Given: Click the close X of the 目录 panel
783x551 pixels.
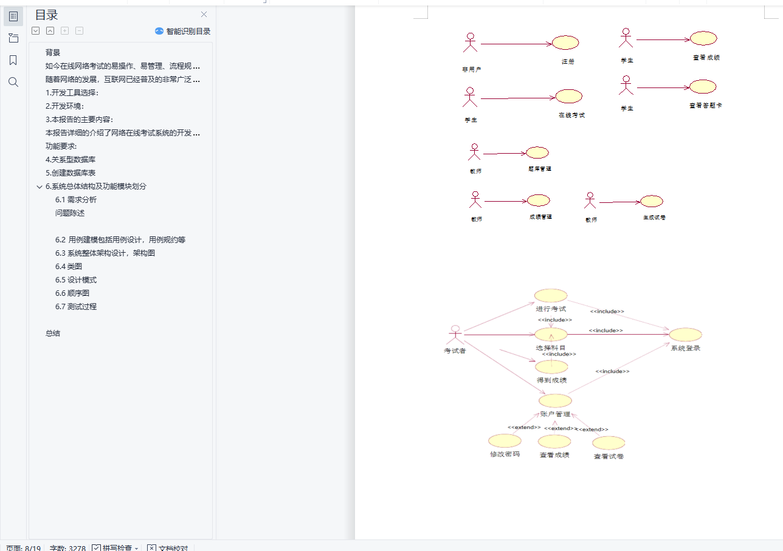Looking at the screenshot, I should tap(204, 15).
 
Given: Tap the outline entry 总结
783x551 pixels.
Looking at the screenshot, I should tap(53, 333).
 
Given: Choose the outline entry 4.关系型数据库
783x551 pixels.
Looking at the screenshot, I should tap(71, 159).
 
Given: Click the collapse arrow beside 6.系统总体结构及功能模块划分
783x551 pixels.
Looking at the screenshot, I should tap(40, 187).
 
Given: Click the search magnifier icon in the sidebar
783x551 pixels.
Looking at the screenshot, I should tap(13, 82).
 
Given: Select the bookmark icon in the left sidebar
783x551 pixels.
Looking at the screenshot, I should tap(13, 60).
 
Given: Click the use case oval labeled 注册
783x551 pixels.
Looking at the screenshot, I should tap(565, 43).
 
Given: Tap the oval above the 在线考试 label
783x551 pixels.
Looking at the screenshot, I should tap(569, 97).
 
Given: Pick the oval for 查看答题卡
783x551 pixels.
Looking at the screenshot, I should tap(703, 87).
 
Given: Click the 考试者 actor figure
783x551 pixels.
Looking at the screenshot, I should tap(455, 335).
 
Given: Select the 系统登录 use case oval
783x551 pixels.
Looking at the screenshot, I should tap(686, 335).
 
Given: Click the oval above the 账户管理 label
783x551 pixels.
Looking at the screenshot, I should tap(555, 401).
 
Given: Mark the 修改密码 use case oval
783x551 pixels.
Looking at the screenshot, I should tap(505, 441).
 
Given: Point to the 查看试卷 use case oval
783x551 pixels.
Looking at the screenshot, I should tap(609, 443).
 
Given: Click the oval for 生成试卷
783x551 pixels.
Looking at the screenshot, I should tap(652, 201).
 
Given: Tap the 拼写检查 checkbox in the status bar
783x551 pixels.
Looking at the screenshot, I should tap(96, 548).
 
